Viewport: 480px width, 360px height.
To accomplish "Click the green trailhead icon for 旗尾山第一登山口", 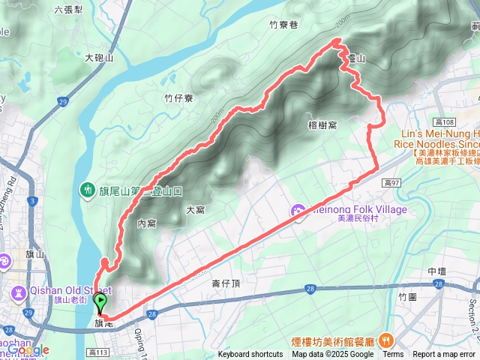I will point(88,190).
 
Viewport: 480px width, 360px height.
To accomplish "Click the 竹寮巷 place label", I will point(283,25).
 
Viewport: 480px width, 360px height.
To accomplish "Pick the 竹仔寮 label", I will point(178,98).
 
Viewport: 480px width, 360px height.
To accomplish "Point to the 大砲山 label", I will point(99,57).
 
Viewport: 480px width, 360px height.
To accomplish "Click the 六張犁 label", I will point(69,10).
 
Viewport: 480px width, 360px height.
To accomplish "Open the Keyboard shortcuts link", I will point(250,355).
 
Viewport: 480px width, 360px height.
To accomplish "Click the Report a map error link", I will point(445,355).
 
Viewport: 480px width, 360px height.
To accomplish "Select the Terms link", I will point(392,355).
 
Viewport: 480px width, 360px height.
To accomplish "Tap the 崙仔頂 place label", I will point(225,283).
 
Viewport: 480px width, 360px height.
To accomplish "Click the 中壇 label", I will point(437,271).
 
